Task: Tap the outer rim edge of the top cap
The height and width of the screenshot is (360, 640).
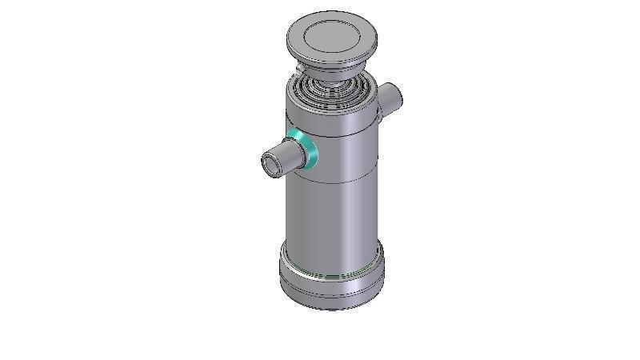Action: point(331,62)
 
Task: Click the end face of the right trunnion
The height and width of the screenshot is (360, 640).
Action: point(395,98)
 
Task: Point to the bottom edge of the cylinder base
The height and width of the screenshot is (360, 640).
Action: point(332,309)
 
